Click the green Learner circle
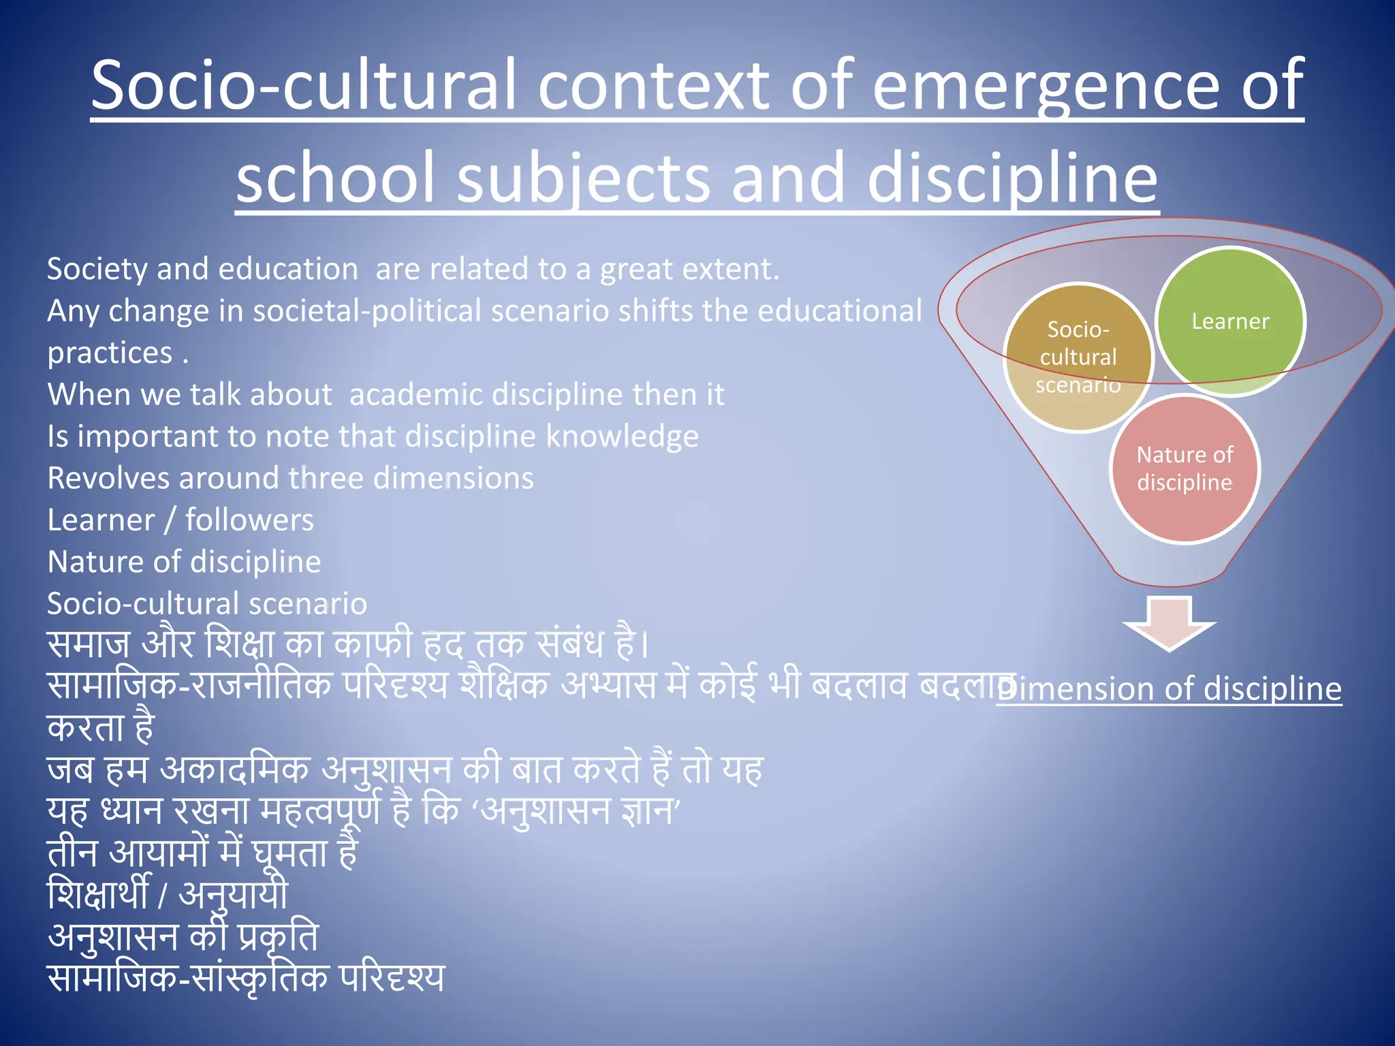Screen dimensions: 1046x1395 pyautogui.click(x=1230, y=321)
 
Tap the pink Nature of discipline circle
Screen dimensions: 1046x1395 pyautogui.click(x=1185, y=469)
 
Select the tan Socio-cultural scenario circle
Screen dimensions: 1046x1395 pyautogui.click(x=1078, y=357)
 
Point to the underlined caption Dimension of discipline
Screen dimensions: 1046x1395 pyautogui.click(x=1170, y=688)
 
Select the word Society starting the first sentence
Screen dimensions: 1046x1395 pyautogui.click(x=97, y=269)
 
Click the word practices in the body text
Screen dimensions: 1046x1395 pyautogui.click(x=110, y=353)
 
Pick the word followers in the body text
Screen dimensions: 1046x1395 pyautogui.click(x=249, y=520)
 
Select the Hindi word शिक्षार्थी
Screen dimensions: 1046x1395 pyautogui.click(x=97, y=894)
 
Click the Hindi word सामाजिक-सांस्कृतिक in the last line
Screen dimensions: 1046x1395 pyautogui.click(x=187, y=978)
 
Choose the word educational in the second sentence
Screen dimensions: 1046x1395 pyautogui.click(x=839, y=311)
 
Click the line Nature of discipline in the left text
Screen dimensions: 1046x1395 pyautogui.click(x=184, y=562)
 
